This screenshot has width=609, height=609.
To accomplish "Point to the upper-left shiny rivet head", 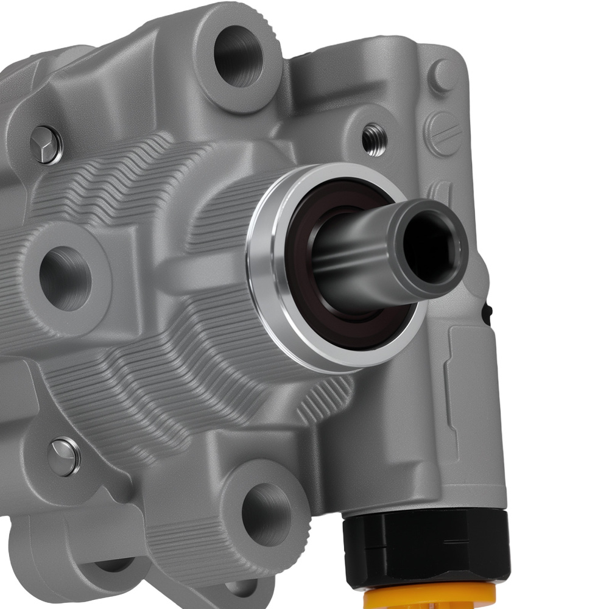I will (46, 145).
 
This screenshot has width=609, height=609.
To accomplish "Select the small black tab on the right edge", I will (485, 314).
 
